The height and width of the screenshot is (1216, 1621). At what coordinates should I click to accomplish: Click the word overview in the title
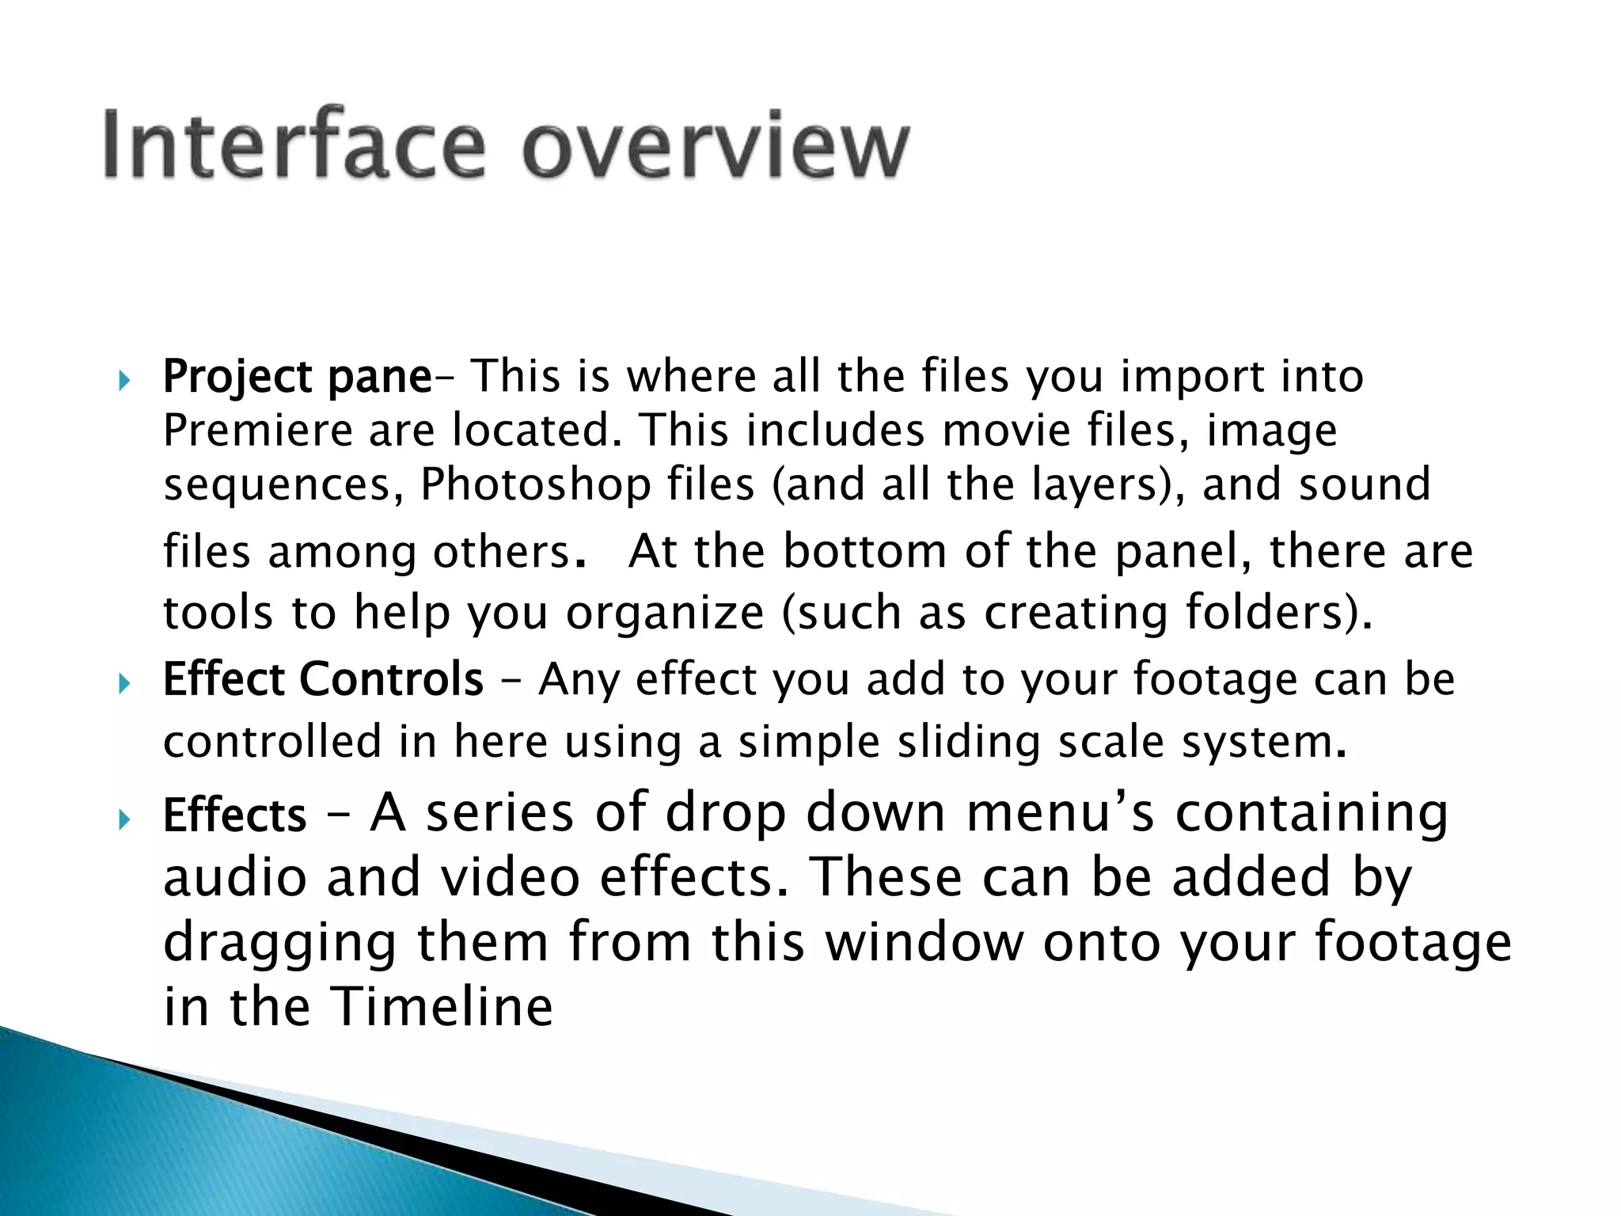point(716,146)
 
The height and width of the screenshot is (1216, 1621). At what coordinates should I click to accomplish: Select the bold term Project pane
point(297,377)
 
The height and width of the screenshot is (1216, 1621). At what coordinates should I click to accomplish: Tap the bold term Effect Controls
point(323,679)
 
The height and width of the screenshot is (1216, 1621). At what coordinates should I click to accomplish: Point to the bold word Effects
point(234,815)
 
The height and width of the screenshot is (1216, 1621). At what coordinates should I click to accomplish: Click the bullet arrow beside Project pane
point(123,382)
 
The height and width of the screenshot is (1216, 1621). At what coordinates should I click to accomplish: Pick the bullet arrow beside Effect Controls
point(123,684)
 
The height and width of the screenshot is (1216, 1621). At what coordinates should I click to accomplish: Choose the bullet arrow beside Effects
point(123,819)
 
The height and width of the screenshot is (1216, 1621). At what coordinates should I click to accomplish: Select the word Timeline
point(442,1007)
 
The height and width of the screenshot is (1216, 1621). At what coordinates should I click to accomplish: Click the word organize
point(665,614)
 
